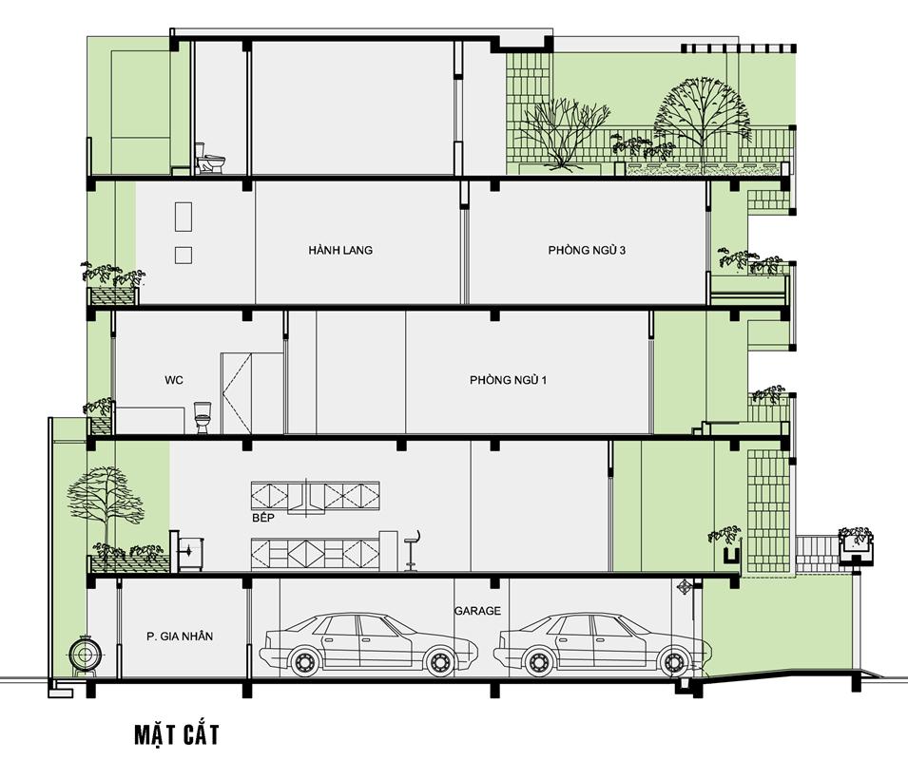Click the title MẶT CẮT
point(177,734)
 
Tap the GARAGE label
point(477,610)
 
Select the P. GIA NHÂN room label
point(180,636)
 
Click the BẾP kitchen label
point(263,517)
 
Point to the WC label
point(174,380)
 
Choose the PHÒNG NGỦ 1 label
point(508,380)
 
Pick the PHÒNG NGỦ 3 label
point(587,250)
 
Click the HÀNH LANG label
point(340,250)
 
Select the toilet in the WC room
point(203,417)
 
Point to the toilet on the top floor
point(209,159)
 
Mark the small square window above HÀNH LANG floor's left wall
point(184,255)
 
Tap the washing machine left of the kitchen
point(190,554)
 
